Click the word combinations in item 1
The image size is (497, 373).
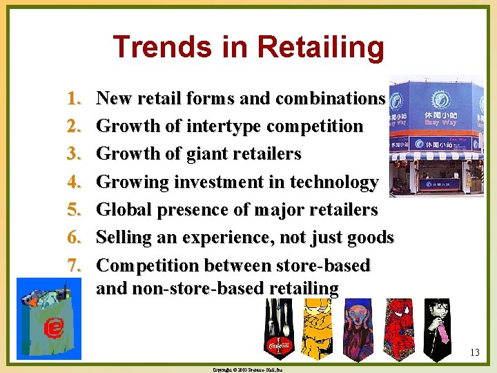[330, 99]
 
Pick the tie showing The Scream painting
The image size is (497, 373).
[358, 328]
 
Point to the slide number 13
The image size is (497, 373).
[474, 354]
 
